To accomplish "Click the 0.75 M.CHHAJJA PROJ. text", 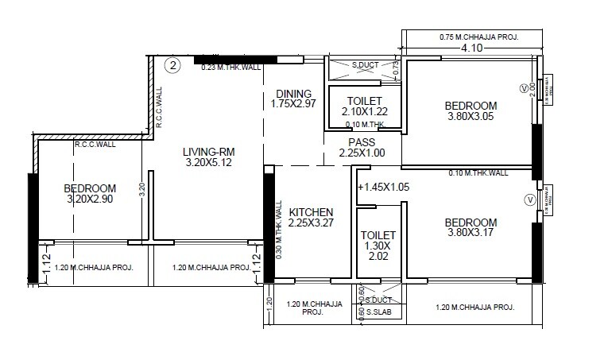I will (474, 37).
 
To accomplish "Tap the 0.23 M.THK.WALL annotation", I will (231, 68).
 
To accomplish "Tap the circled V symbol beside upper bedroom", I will (523, 88).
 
